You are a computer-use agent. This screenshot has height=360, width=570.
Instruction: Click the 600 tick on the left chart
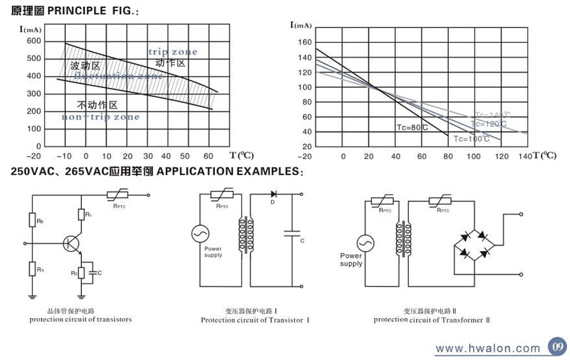pos(33,41)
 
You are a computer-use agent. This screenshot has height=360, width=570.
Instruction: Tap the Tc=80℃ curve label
pos(412,127)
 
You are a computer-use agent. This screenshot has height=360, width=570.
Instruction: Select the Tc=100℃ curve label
pos(471,139)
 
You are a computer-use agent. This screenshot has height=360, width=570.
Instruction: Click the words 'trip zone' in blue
pos(173,52)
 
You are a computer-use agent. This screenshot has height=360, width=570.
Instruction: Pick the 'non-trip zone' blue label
pos(100,117)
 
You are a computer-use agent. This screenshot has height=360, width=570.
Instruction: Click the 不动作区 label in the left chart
pos(97,105)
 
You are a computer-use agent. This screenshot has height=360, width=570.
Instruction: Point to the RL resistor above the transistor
pos(81,214)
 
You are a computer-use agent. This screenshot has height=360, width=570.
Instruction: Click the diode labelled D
pos(273,194)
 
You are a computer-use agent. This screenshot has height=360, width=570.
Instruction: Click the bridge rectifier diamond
pos(474,244)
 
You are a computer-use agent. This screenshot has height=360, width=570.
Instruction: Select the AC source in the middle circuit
pos(200,234)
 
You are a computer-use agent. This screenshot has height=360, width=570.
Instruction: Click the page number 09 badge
pos(557,346)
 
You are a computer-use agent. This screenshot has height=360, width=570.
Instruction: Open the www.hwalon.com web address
pos(488,349)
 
